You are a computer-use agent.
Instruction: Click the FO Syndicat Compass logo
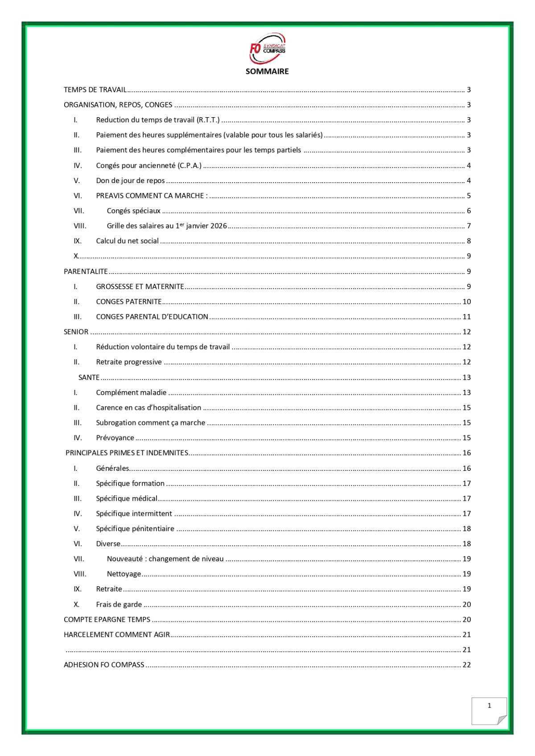pos(267,48)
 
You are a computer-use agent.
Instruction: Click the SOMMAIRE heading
pos(267,71)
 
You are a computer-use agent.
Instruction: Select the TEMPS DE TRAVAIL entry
pos(95,90)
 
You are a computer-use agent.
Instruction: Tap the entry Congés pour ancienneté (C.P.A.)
pos(148,166)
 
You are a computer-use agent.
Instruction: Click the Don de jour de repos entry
pos(130,181)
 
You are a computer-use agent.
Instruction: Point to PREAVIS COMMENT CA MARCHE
pos(152,196)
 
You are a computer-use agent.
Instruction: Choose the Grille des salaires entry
pos(167,226)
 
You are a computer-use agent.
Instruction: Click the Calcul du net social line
pos(127,241)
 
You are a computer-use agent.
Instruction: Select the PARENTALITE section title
pos(86,271)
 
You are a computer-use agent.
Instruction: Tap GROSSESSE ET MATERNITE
pos(140,286)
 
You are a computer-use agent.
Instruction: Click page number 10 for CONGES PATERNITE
pos(466,302)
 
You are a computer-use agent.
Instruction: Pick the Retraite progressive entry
pos(129,362)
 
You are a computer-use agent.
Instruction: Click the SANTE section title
pos(89,377)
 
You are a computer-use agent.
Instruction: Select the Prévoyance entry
pos(115,438)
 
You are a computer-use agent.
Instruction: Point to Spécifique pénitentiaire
pos(135,529)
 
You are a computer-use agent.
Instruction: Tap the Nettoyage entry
pos(124,574)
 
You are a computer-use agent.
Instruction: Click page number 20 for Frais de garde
pos(466,605)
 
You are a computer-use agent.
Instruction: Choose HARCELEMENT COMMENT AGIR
pos(117,634)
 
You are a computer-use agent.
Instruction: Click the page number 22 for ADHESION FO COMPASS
pos(466,665)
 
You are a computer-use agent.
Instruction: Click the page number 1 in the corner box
pos(489,705)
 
